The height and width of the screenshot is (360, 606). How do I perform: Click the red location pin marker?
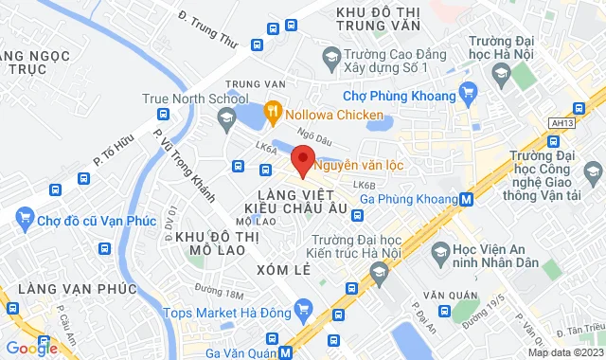302,159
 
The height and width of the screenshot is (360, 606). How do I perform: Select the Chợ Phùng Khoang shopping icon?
467,92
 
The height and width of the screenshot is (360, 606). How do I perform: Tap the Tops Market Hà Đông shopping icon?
303,310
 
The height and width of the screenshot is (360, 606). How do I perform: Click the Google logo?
30,348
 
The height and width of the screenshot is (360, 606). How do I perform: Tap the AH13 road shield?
561,123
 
